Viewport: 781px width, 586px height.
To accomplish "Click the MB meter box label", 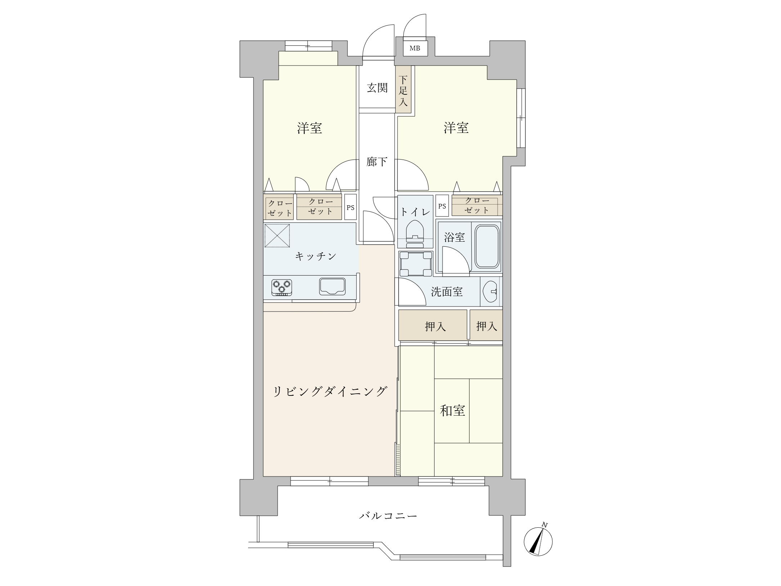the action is click(x=415, y=48).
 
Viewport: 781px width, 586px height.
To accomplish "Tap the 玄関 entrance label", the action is click(x=377, y=88).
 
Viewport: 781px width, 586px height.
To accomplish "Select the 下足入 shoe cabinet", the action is click(x=403, y=90).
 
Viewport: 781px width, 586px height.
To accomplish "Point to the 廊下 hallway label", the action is click(x=377, y=162).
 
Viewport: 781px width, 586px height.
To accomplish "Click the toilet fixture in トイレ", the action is click(x=415, y=233).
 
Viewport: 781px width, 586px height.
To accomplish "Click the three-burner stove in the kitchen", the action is click(x=282, y=287).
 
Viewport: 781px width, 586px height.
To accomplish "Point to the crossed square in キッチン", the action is click(x=277, y=236).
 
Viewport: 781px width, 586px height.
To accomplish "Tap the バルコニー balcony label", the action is click(x=388, y=516).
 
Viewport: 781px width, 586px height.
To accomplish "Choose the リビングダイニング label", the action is click(x=330, y=391).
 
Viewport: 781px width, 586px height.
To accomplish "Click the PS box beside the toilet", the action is click(x=442, y=206).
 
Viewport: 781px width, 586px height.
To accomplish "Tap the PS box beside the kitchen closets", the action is click(x=350, y=207).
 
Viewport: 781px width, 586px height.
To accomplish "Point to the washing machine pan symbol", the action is click(x=415, y=264).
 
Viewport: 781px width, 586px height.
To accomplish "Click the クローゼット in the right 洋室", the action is click(x=477, y=205).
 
